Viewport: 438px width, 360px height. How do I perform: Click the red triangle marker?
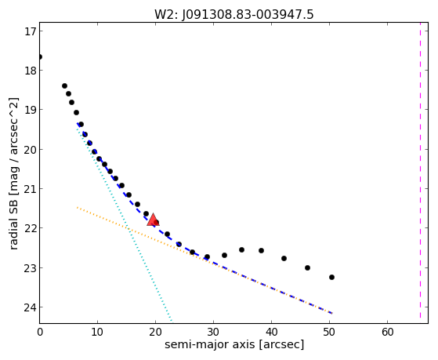(x=153, y=220)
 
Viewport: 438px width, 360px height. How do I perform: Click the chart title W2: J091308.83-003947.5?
(x=234, y=14)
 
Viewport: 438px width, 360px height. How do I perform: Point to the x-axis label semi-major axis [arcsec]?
(x=234, y=344)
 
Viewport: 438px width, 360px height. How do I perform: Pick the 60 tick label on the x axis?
(x=387, y=332)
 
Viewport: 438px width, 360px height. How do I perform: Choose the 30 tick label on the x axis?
(x=213, y=332)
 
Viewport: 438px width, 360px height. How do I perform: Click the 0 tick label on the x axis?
(x=40, y=332)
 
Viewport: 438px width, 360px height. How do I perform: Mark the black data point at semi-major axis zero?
(x=40, y=57)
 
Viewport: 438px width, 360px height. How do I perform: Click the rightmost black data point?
(x=332, y=277)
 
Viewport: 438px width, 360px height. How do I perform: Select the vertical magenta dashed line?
(x=420, y=170)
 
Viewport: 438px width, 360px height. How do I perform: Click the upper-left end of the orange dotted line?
(x=77, y=208)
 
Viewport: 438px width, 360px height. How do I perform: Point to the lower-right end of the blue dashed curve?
(x=332, y=313)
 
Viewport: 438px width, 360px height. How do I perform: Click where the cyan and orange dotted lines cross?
(x=129, y=228)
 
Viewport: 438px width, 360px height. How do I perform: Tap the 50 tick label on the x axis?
(x=330, y=332)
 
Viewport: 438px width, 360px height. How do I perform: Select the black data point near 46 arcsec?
(x=308, y=267)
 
